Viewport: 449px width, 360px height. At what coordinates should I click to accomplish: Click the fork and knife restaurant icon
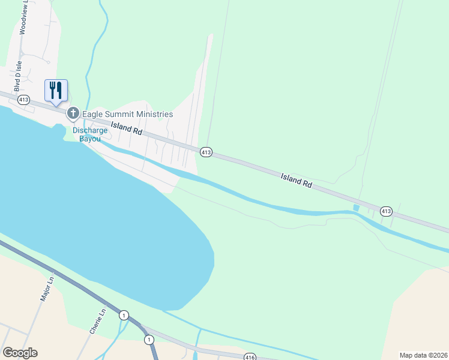coord(56,91)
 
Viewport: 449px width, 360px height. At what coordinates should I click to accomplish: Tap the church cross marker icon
coord(73,113)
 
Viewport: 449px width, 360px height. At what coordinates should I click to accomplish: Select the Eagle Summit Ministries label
coord(127,114)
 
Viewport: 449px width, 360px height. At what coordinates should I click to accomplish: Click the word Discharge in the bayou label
coord(90,130)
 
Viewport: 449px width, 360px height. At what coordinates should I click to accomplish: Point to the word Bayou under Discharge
coord(90,139)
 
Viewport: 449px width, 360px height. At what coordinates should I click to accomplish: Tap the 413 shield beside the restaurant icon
coord(23,100)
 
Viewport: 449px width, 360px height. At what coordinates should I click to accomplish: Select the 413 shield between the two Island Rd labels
coord(206,152)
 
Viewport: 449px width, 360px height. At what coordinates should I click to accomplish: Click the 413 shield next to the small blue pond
coord(386,211)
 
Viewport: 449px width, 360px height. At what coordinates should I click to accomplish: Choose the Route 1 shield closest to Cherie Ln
coord(124,315)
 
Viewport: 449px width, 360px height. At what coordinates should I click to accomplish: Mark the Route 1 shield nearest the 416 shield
coord(148,340)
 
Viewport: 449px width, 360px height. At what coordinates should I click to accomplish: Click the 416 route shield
coord(250,358)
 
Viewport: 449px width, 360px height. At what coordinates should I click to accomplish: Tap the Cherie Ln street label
coord(97,321)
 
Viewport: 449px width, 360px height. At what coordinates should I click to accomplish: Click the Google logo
coord(20,353)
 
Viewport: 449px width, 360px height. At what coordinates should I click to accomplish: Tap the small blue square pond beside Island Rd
coord(357,208)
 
